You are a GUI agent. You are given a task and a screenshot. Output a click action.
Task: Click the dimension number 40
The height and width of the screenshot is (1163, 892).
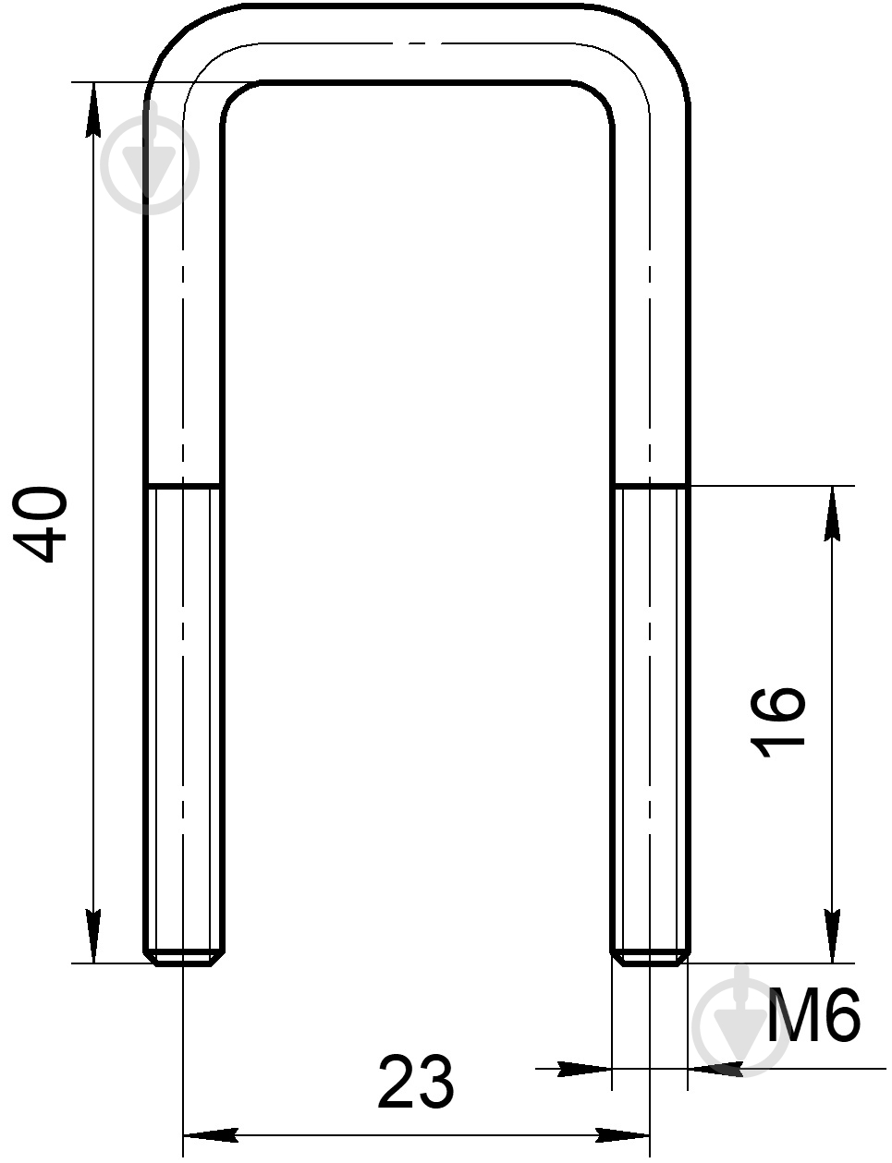[40, 524]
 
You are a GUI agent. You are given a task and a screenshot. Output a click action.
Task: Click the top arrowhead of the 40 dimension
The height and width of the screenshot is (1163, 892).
[93, 109]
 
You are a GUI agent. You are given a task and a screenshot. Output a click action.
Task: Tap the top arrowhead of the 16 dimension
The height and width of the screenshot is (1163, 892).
[832, 514]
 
